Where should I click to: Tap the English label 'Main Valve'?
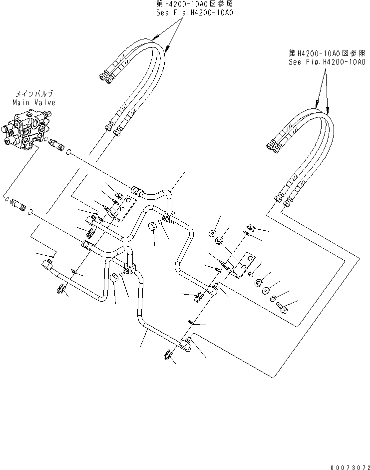[34, 102]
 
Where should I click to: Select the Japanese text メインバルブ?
[34, 94]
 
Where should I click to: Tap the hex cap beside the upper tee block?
[154, 228]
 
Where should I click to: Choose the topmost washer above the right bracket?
[212, 233]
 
